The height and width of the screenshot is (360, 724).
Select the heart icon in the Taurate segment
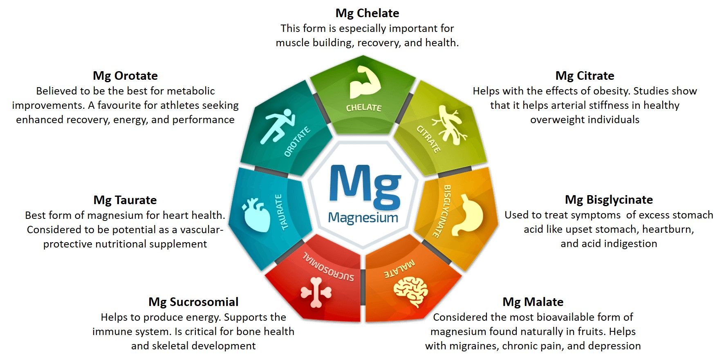click(257, 214)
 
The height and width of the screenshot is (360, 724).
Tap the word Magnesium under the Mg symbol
click(363, 218)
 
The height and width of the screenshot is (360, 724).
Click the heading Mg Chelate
click(367, 13)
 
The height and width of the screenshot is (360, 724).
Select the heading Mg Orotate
click(125, 76)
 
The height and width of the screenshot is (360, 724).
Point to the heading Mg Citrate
click(585, 76)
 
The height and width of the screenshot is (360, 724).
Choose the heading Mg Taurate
click(125, 200)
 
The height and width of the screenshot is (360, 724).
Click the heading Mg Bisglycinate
click(609, 200)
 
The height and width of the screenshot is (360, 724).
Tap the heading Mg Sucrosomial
click(193, 302)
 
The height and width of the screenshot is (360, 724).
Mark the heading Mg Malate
click(533, 302)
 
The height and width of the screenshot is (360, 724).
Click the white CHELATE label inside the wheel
click(363, 108)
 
